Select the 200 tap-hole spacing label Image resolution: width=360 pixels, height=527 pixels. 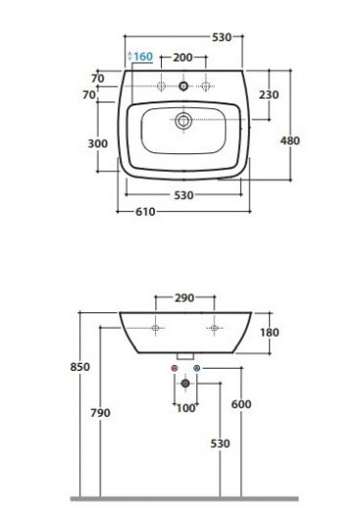click(182, 58)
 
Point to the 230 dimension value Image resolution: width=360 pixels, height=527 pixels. click(269, 95)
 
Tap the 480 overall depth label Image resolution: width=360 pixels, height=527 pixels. click(290, 141)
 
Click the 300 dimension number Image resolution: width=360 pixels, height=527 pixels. click(98, 143)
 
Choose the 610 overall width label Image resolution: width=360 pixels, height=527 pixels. click(145, 212)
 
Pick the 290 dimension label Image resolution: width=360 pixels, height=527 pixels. click(184, 298)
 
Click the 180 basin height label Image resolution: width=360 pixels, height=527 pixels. click(269, 333)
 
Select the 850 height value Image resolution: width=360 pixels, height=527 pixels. click(80, 367)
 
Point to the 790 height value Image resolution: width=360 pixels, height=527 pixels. click(100, 413)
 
